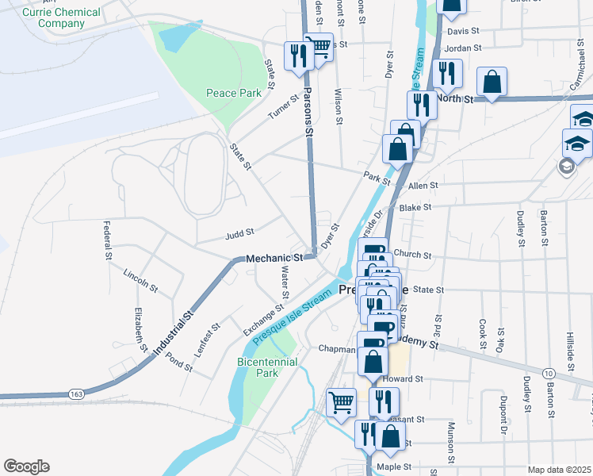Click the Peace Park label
tap(234, 93)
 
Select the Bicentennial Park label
tap(268, 367)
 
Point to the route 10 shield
tap(548, 373)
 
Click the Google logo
tap(26, 466)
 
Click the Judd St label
tap(239, 233)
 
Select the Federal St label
tap(107, 240)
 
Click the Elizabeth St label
tap(140, 328)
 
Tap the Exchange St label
tap(264, 318)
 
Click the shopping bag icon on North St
tap(492, 82)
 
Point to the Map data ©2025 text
tap(559, 470)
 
